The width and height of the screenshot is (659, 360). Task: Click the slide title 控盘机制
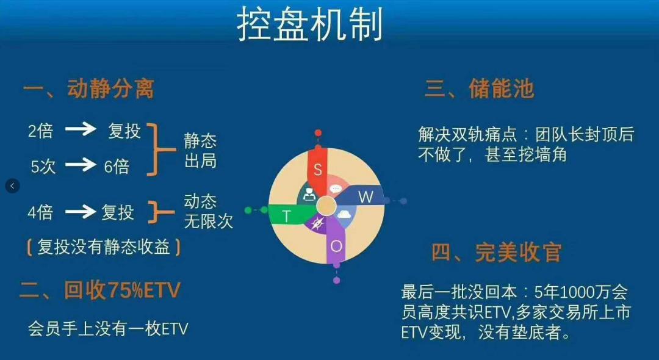(309, 25)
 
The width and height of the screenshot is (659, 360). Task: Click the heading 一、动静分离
(88, 89)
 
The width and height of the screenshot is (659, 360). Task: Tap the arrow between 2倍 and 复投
(81, 129)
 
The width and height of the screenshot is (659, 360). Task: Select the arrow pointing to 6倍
(81, 165)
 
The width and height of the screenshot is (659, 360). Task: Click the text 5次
(43, 166)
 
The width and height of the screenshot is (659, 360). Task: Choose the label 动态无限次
(208, 212)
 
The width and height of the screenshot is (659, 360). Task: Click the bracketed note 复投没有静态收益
(103, 247)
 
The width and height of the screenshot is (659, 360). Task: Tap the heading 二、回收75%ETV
(100, 290)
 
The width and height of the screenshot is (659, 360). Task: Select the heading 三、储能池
(479, 89)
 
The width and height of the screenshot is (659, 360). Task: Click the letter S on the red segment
(317, 170)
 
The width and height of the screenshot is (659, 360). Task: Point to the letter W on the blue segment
(365, 196)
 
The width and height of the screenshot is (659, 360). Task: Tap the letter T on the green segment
(287, 215)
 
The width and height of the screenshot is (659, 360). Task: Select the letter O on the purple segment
(336, 245)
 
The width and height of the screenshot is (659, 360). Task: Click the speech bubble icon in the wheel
(335, 189)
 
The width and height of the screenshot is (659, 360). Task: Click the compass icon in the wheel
(317, 223)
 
